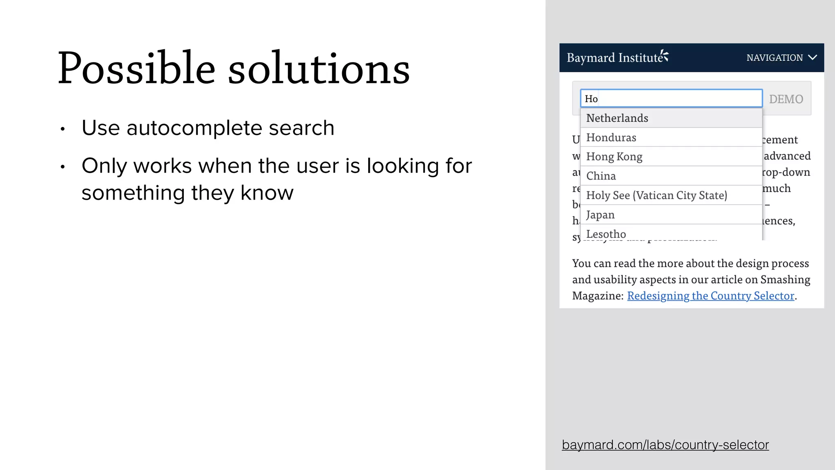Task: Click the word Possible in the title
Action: coord(136,69)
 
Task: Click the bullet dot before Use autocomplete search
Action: coord(62,129)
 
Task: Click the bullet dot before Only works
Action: coord(62,167)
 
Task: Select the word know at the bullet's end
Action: coord(267,193)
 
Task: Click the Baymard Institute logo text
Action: coord(615,58)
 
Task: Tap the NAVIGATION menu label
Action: coord(774,58)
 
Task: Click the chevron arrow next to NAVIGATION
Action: coord(813,58)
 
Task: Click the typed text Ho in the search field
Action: coord(591,99)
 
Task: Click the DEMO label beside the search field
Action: coord(786,99)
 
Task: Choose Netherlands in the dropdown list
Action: coord(617,118)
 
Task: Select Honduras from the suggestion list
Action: coord(611,137)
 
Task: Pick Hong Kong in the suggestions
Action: coord(614,157)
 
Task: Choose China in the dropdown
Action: coord(601,176)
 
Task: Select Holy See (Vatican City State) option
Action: coord(656,195)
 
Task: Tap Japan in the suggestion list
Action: coord(600,215)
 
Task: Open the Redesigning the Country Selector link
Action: coord(711,296)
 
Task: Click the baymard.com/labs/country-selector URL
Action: coord(665,445)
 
